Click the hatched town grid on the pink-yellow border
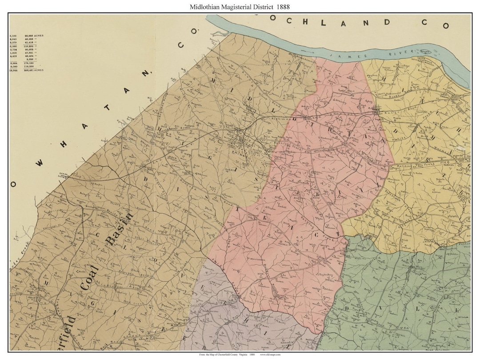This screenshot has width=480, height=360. [377, 109]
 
